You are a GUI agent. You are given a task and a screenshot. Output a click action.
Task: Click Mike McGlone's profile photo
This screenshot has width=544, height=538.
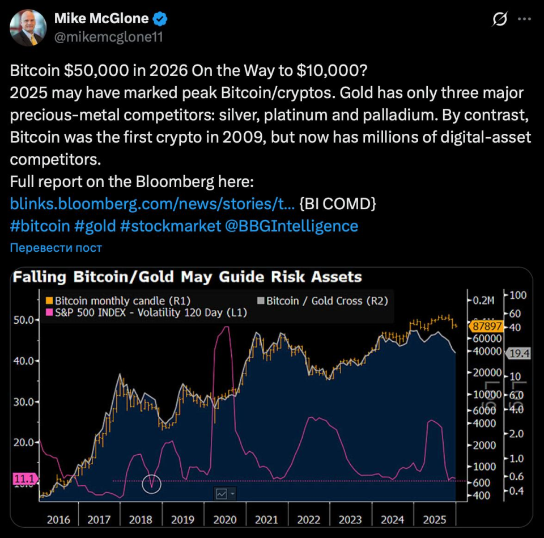(x=28, y=28)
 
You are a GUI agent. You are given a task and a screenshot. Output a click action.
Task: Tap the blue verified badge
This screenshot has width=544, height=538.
(x=160, y=19)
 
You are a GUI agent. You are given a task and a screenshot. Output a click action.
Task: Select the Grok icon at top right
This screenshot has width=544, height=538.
(x=500, y=20)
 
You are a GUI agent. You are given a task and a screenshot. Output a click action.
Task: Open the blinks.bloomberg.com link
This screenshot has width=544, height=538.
(x=152, y=203)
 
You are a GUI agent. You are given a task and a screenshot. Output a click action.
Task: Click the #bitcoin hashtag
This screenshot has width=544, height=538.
(x=40, y=226)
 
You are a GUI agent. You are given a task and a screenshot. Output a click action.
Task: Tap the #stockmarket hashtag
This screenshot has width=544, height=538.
(x=171, y=226)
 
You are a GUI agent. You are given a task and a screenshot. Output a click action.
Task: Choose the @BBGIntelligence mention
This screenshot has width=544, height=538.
(x=291, y=226)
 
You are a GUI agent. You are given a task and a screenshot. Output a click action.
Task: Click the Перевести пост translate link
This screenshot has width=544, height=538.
(x=56, y=248)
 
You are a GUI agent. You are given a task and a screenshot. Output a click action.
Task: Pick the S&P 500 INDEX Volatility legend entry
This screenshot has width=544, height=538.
(x=146, y=312)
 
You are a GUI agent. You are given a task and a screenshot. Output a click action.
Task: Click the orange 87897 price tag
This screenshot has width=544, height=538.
(x=486, y=327)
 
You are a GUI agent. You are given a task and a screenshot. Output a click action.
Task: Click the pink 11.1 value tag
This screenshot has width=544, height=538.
(x=23, y=480)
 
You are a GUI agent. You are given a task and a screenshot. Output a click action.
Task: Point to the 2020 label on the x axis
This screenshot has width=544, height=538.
(x=225, y=519)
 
